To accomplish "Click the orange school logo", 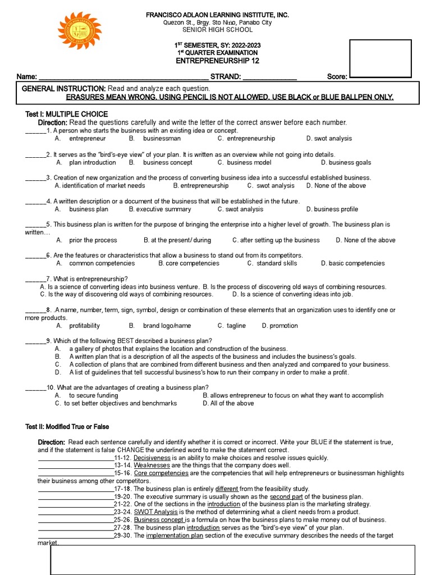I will click(x=80, y=31).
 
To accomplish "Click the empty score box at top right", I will click(x=380, y=58).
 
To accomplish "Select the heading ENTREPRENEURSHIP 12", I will click(x=218, y=61).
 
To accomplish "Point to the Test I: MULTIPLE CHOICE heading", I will click(x=67, y=114).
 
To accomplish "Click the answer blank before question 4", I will click(x=35, y=202).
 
